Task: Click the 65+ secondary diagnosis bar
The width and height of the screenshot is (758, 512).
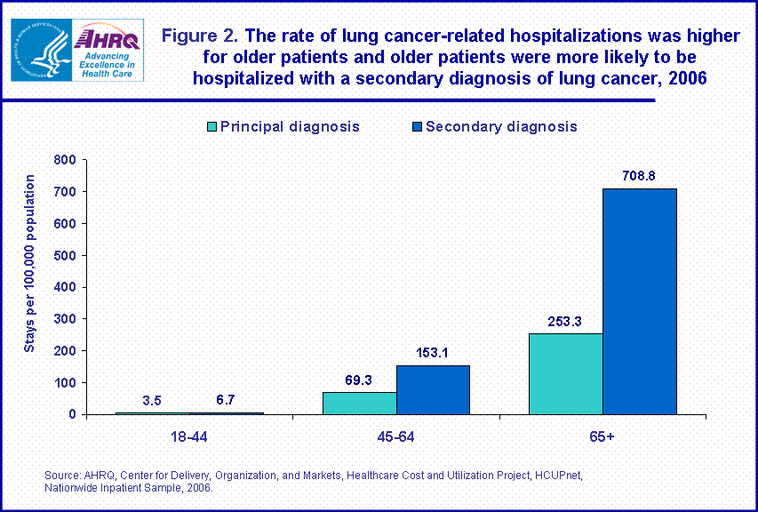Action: (x=639, y=301)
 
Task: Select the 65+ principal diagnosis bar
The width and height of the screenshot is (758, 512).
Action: (x=565, y=373)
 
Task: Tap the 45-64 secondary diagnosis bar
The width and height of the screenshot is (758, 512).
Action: (x=433, y=389)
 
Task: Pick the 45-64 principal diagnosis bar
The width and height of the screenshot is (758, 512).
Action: (x=359, y=403)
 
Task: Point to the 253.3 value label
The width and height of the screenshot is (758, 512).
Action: (x=565, y=321)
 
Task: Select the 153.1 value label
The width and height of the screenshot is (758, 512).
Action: (x=433, y=353)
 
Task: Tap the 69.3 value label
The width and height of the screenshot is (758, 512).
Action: (x=360, y=380)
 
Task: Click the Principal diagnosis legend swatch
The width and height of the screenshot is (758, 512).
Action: (x=211, y=126)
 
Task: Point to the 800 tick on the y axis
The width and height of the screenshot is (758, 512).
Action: (x=65, y=160)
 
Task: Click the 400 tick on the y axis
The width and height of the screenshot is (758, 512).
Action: (x=65, y=287)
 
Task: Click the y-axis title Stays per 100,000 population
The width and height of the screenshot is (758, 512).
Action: (x=29, y=263)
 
